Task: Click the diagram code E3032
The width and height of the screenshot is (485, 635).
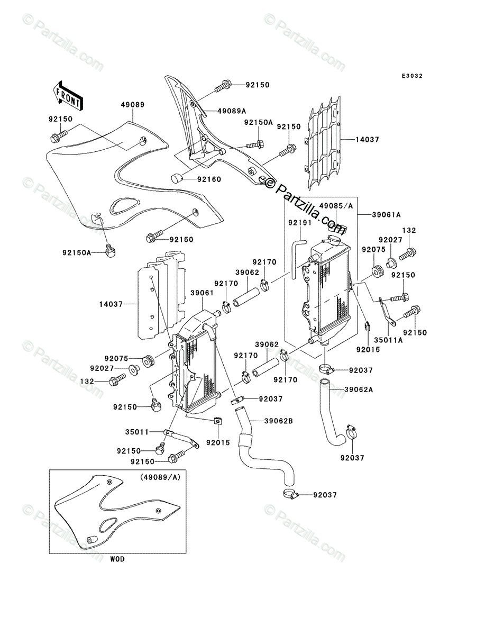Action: click(x=412, y=76)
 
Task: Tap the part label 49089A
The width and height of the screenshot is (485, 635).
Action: click(x=230, y=111)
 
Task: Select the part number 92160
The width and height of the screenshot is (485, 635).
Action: click(x=209, y=179)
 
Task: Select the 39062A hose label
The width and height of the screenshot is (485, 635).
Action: click(x=359, y=389)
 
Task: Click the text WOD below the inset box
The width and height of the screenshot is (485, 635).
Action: click(x=117, y=567)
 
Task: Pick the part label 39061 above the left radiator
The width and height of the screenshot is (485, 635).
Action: click(x=202, y=293)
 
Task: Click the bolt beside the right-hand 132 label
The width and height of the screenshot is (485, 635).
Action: click(x=408, y=255)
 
